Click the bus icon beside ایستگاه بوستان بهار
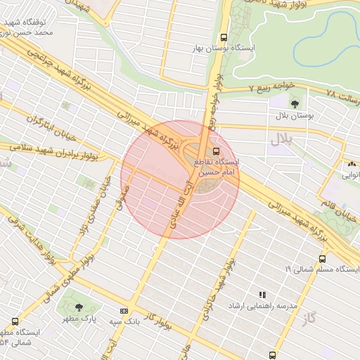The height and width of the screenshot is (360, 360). click(x=224, y=37)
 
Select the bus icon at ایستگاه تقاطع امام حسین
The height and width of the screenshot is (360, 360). click(x=216, y=150)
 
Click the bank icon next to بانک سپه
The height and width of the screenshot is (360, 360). click(x=124, y=310)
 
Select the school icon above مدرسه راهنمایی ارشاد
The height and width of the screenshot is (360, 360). click(x=262, y=295)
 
